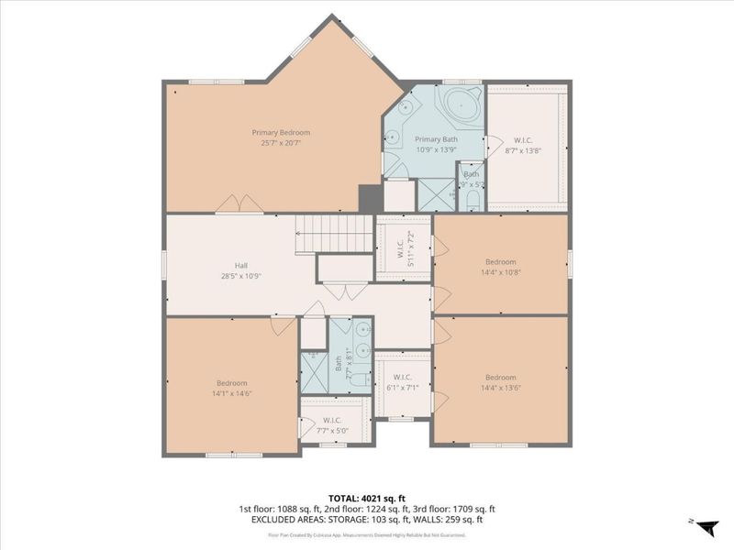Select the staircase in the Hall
point(335,233)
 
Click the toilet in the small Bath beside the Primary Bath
point(473,197)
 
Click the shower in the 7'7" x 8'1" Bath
point(314,374)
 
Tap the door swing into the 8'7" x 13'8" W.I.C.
point(495,144)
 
